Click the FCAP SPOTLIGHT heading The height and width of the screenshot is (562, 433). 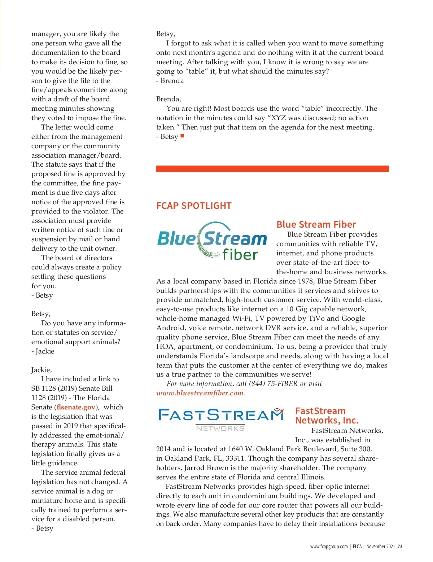point(194,206)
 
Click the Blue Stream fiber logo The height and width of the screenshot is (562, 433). point(212,241)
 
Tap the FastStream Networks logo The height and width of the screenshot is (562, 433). point(221,419)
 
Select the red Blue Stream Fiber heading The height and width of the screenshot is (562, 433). point(316,224)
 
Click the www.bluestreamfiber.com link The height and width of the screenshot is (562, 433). point(200,393)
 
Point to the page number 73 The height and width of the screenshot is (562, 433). point(400,546)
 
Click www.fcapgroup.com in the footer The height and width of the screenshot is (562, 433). point(329,546)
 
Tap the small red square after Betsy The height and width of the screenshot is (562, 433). point(182,136)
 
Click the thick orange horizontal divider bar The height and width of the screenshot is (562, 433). point(272,169)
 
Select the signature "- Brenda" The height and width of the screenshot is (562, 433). point(170,81)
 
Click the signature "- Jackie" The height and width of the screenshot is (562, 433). point(43,351)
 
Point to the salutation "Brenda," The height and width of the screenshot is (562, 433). point(169,99)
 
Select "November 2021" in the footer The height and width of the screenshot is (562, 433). point(381,546)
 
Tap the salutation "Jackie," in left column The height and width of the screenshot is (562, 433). point(41,370)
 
